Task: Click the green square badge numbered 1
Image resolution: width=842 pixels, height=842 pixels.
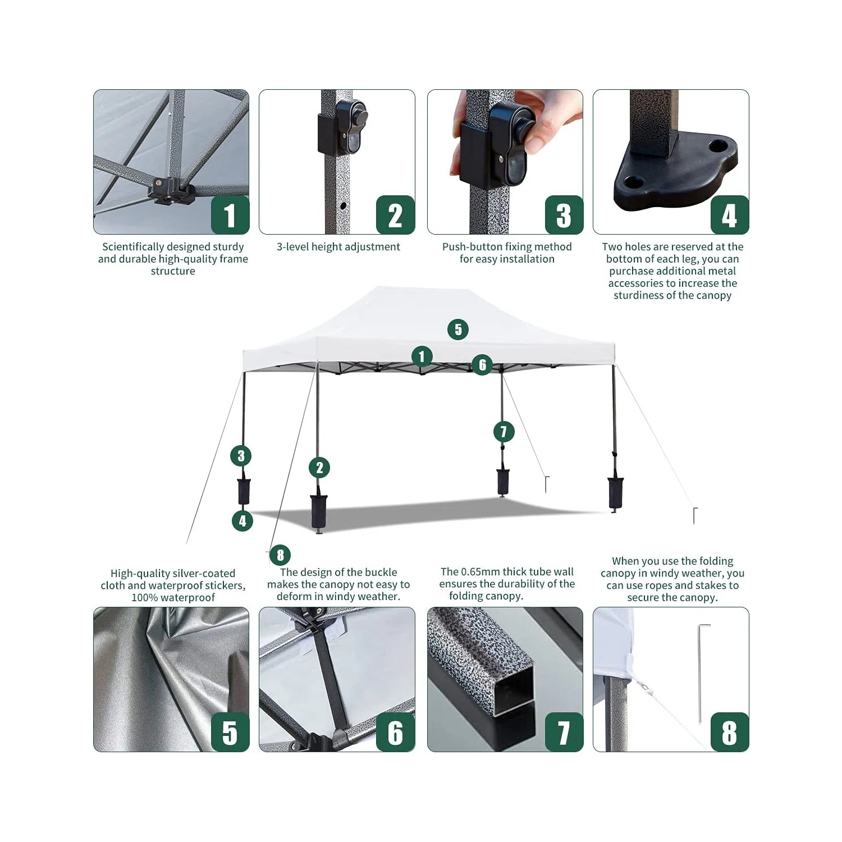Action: [x=230, y=215]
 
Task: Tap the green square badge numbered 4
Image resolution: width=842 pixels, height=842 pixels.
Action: [x=729, y=215]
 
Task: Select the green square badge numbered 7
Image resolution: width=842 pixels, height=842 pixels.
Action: [x=564, y=732]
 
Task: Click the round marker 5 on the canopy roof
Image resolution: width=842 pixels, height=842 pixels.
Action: [x=458, y=330]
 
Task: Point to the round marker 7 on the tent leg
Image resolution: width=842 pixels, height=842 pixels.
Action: [x=504, y=432]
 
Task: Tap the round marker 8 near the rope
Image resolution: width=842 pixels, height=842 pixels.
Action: [x=280, y=555]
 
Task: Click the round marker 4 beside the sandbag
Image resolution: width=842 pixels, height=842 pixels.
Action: [x=242, y=521]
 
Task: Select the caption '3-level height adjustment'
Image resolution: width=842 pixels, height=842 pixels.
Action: [x=338, y=247]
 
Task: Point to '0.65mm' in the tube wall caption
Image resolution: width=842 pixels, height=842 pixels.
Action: [x=481, y=572]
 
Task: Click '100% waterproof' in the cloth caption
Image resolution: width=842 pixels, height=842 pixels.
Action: [x=173, y=598]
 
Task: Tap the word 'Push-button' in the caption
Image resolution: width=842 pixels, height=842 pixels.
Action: [x=469, y=247]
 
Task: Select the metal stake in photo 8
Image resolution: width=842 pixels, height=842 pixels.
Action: [x=702, y=674]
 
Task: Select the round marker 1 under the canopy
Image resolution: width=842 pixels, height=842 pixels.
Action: [x=422, y=356]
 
